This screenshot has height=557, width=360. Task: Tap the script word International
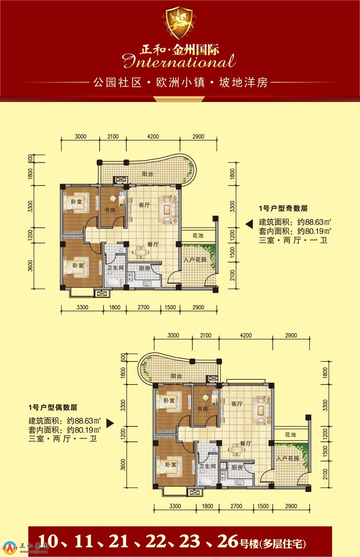click(x=179, y=61)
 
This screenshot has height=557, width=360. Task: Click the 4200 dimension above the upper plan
click(x=153, y=136)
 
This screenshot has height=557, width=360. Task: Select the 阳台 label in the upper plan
click(x=147, y=174)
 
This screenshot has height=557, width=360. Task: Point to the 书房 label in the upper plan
click(x=110, y=211)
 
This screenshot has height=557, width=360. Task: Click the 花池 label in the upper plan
click(x=198, y=235)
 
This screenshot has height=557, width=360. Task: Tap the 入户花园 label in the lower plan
click(x=287, y=458)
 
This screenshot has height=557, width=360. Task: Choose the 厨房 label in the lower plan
click(x=237, y=468)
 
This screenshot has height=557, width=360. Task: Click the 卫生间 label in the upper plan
click(x=115, y=268)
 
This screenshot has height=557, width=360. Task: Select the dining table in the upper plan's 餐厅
click(x=141, y=252)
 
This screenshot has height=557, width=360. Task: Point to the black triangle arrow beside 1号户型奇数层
click(x=249, y=224)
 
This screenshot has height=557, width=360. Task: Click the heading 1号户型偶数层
click(x=53, y=408)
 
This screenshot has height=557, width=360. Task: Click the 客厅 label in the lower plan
click(x=237, y=403)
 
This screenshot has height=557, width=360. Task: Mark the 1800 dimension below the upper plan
click(x=115, y=307)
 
